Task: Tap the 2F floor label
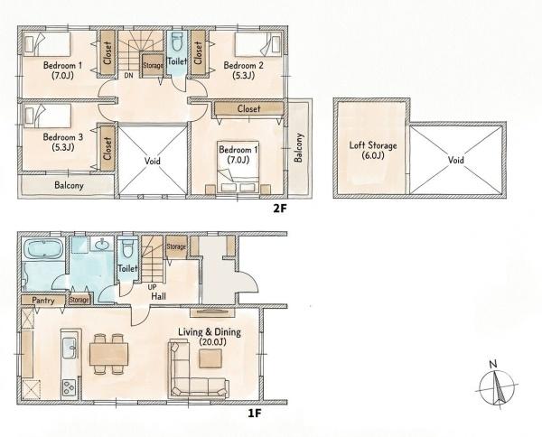[x=280, y=209]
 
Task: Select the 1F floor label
[x=255, y=414]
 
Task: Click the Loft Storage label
[x=372, y=150]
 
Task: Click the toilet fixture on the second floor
[x=177, y=42]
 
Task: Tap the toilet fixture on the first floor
[x=127, y=248]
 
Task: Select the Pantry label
[x=43, y=300]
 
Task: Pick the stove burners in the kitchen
[x=70, y=387]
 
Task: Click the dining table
[x=109, y=354]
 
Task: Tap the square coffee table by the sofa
[x=210, y=358]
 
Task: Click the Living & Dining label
[x=210, y=337]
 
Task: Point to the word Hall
[x=159, y=296]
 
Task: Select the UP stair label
[x=152, y=287]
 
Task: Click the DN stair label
[x=128, y=75]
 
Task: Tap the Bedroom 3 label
[x=63, y=142]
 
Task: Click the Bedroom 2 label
[x=243, y=70]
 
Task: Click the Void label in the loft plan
[x=456, y=160]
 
